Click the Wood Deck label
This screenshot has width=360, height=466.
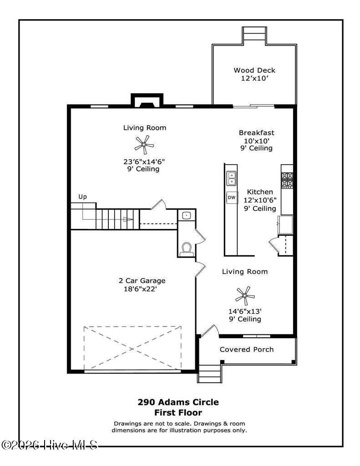[254, 70]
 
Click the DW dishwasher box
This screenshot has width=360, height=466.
[231, 198]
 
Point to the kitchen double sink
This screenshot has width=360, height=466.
[231, 178]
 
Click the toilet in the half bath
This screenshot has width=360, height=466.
[186, 249]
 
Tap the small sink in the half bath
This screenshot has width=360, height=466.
[186, 215]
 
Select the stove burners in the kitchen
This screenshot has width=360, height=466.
[287, 180]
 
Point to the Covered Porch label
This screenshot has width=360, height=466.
[247, 349]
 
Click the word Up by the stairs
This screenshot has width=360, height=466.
[82, 197]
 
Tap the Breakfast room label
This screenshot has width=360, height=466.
[257, 133]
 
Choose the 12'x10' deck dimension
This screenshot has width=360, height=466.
[254, 78]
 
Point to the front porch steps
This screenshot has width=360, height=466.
[209, 374]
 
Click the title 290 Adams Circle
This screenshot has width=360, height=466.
[178, 402]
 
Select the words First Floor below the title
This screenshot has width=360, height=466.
[178, 413]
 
